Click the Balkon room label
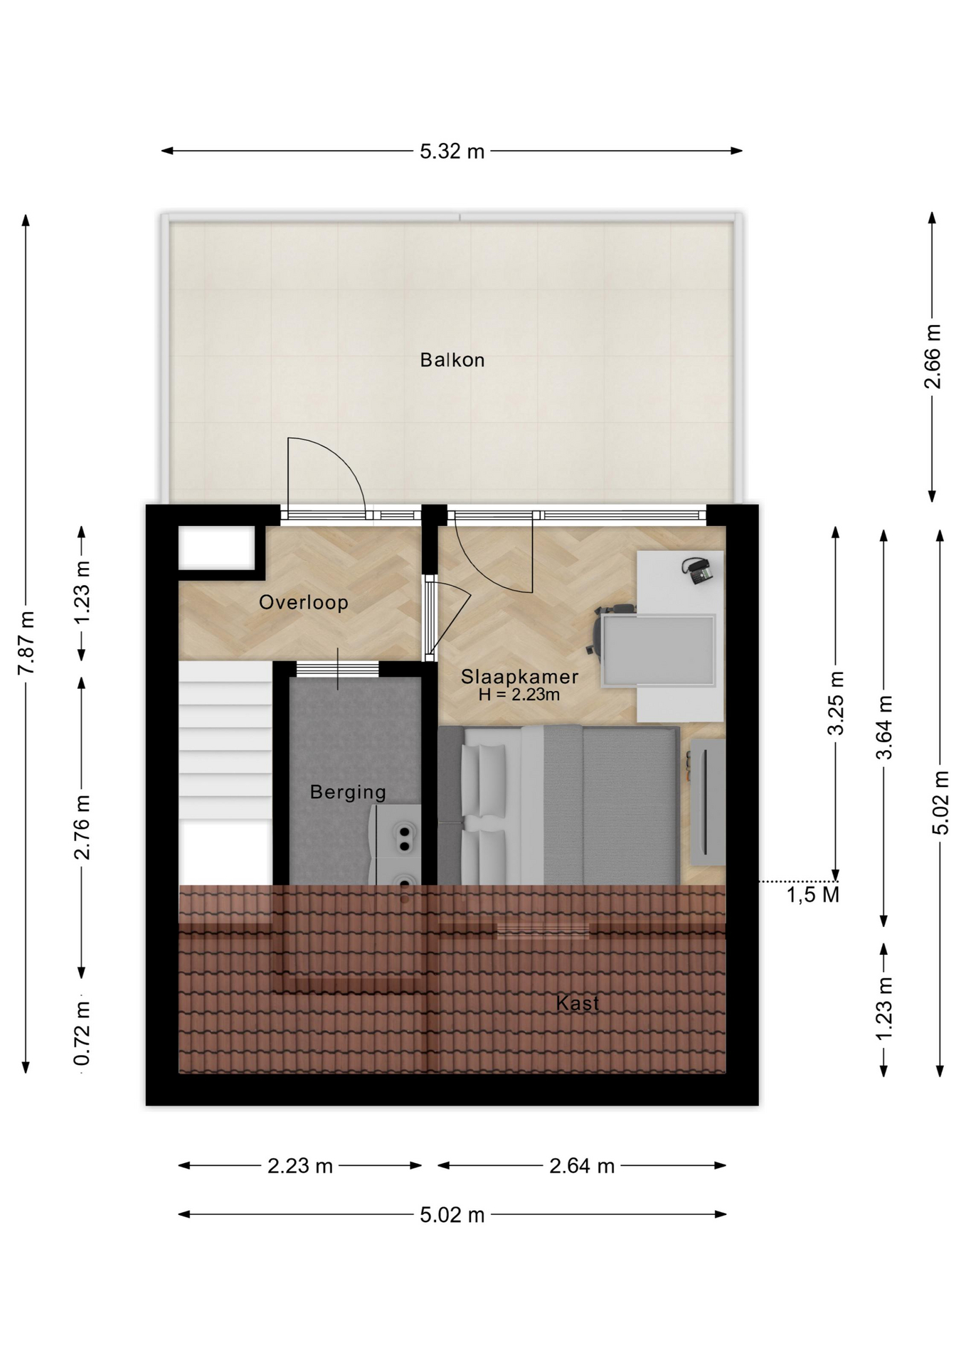pos(452,360)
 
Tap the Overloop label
pos(304,602)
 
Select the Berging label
pos(348,792)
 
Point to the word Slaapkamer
pos(519,676)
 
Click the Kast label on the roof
pos(578,1003)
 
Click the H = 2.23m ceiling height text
pos(519,695)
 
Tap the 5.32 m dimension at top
pos(452,151)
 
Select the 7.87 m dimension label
pos(26,643)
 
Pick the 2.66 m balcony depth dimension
pos(932,356)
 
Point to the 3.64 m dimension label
pos(883,727)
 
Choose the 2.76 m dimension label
pos(83,827)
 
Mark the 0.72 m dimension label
pos(83,1034)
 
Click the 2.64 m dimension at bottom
pos(582,1166)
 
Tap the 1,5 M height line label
pos(813,894)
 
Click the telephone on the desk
pos(697,570)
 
